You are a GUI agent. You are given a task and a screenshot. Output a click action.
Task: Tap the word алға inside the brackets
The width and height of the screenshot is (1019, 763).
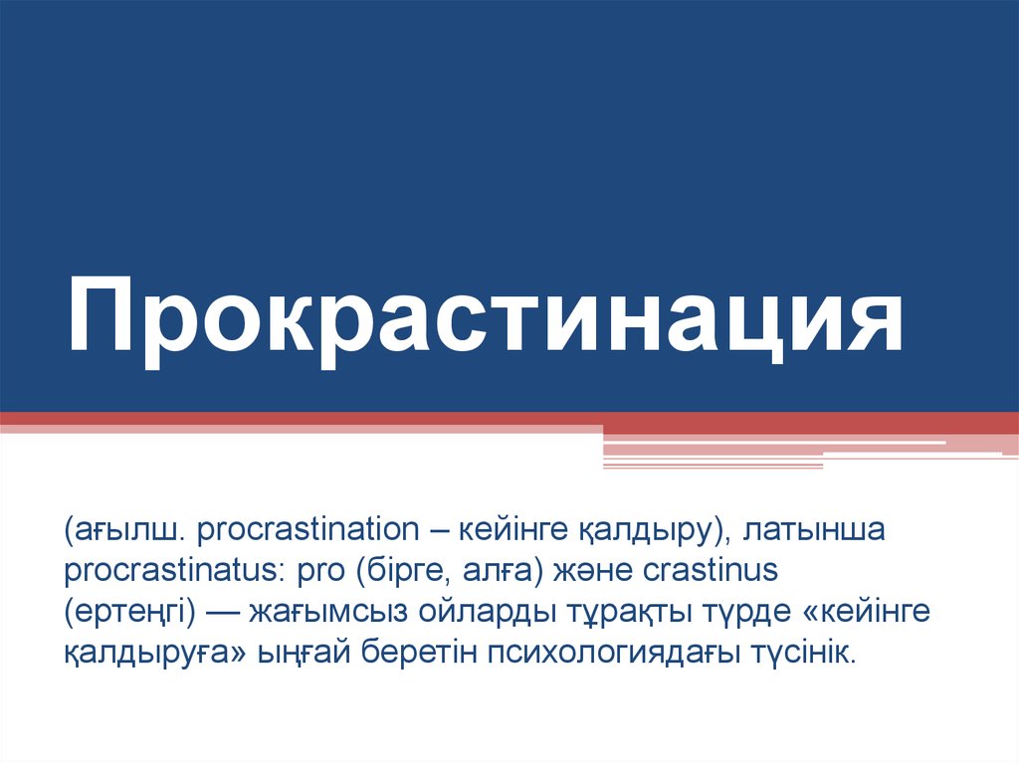[x=488, y=572]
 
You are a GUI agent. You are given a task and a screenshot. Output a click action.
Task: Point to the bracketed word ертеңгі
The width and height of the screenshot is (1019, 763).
[x=128, y=613]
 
